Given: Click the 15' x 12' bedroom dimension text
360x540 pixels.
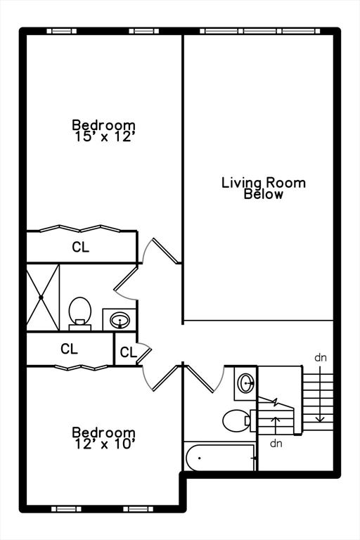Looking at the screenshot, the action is click(104, 137).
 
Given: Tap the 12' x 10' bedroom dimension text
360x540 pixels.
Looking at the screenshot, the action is click(104, 444).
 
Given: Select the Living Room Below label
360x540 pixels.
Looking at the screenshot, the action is click(264, 188).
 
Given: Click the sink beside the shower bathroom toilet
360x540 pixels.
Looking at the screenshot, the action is click(120, 320).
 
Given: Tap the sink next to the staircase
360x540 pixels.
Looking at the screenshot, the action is click(245, 383).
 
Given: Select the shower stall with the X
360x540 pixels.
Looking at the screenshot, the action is click(43, 297).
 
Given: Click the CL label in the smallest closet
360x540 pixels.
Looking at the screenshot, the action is click(128, 352).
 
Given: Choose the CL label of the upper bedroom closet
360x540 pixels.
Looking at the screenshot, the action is click(81, 247).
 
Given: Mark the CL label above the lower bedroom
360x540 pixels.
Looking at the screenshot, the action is click(69, 349).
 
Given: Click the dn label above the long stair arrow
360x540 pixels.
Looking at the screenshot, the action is click(321, 358).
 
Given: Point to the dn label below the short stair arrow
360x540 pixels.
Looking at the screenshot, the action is click(276, 443).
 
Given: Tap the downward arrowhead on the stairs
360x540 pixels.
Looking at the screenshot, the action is click(321, 419).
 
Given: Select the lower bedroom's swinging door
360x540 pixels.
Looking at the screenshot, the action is click(161, 378).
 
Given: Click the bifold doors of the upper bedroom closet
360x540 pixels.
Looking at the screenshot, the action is click(80, 229).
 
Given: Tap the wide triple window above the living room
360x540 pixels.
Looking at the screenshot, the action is click(260, 32).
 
